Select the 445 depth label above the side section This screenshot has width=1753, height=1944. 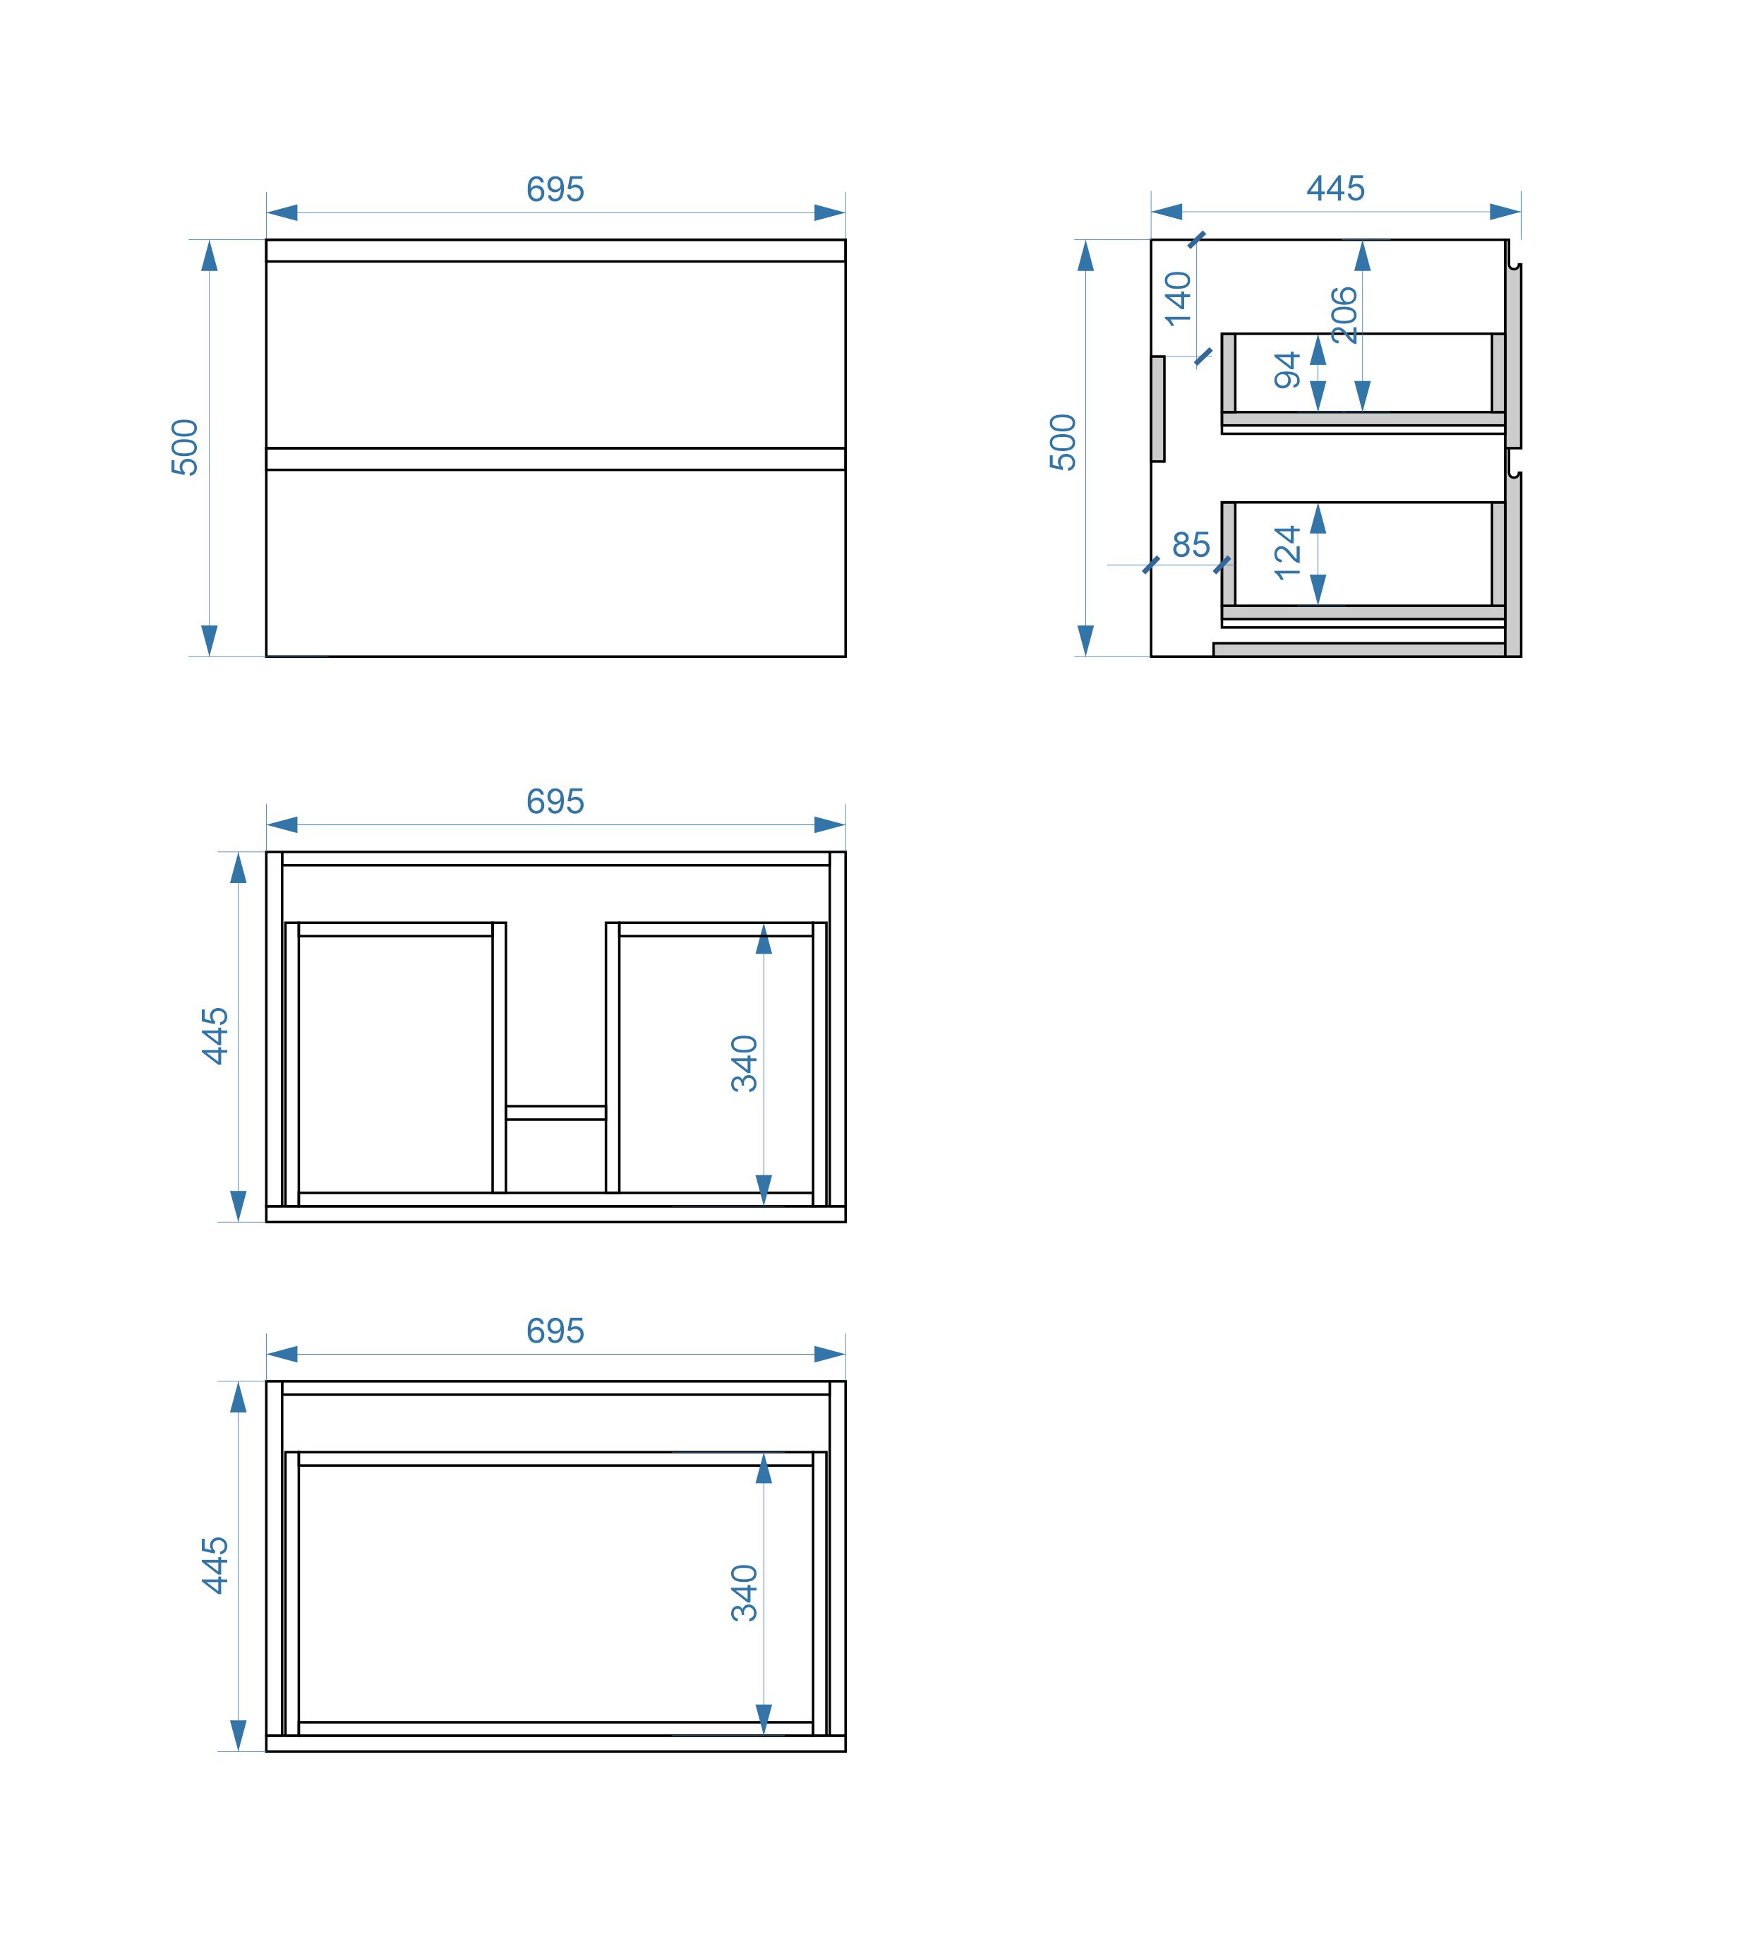pos(1335,188)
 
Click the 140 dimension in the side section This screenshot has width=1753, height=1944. pos(1178,299)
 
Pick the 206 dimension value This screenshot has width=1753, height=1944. pos(1344,314)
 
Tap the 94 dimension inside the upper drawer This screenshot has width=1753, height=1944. pos(1288,370)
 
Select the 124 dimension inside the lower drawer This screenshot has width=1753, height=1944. pos(1288,552)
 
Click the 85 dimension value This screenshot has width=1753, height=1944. pos(1191,545)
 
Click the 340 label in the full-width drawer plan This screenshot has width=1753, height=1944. pos(745,1592)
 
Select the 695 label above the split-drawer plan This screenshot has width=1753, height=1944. pos(555,801)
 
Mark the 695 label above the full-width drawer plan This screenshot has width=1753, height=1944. pos(555,1331)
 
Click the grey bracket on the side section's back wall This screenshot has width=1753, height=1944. pos(1158,409)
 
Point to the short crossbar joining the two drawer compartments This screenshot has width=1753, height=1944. pos(556,1112)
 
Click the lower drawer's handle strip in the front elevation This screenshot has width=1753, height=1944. pos(556,459)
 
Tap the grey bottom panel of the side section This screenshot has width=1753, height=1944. pos(1359,649)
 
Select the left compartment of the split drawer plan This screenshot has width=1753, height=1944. pos(396,1064)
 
